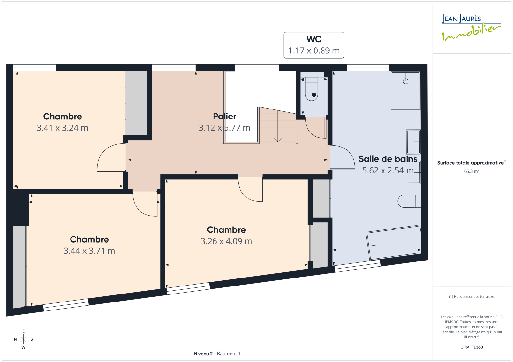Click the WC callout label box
click(314, 45)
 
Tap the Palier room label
click(224, 116)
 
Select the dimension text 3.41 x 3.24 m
click(63, 128)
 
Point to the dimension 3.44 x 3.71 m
click(89, 251)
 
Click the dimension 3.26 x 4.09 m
click(226, 241)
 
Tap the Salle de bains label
click(388, 159)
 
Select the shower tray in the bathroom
click(406, 91)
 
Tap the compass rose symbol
click(24, 339)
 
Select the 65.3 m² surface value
click(472, 171)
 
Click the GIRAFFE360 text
click(472, 347)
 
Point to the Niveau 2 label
click(203, 354)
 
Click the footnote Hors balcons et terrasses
click(472, 297)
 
